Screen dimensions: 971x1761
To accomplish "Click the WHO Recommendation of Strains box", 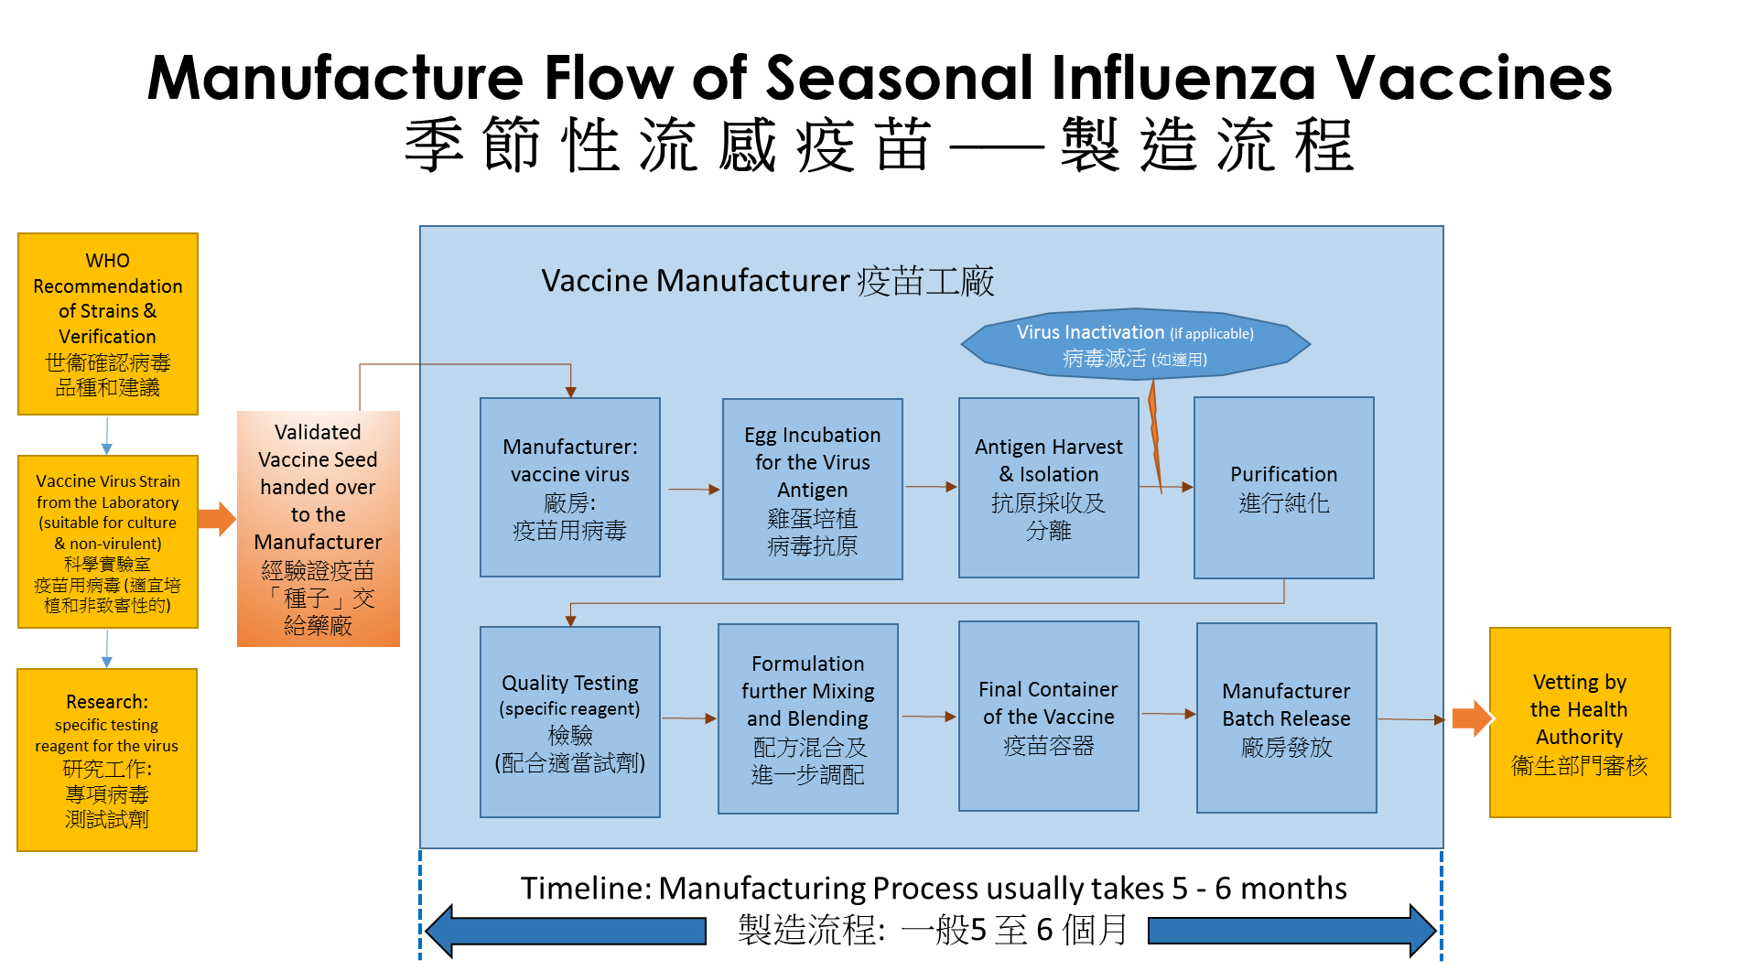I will pyautogui.click(x=108, y=324).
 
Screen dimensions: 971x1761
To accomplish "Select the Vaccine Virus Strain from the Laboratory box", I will pyautogui.click(x=108, y=542).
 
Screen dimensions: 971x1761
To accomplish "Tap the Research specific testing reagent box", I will pyautogui.click(x=107, y=760).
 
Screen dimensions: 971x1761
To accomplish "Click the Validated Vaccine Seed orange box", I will pyautogui.click(x=319, y=529).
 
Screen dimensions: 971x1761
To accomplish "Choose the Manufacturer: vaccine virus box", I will pyautogui.click(x=570, y=487).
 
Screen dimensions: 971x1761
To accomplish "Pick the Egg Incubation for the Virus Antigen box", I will pyautogui.click(x=813, y=489).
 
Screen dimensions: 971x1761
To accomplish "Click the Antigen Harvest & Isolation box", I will pyautogui.click(x=1049, y=488).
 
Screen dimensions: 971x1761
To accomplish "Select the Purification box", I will pyautogui.click(x=1284, y=488).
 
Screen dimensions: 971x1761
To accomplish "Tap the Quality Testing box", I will pyautogui.click(x=570, y=722).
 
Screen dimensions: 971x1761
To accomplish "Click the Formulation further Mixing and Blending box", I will pyautogui.click(x=808, y=718).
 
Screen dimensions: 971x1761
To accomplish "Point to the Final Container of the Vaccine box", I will pyautogui.click(x=1049, y=717).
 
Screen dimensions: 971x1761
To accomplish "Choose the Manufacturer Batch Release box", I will pyautogui.click(x=1287, y=718).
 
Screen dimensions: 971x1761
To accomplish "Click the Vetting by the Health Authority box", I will pyautogui.click(x=1580, y=722).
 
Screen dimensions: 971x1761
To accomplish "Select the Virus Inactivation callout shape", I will pyautogui.click(x=1135, y=345).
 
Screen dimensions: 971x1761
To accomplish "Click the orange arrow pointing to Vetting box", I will pyautogui.click(x=1471, y=718).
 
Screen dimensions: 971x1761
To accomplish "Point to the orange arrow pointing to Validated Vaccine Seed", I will pyautogui.click(x=218, y=519).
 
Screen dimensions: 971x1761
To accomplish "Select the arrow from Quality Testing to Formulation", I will pyautogui.click(x=689, y=718).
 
